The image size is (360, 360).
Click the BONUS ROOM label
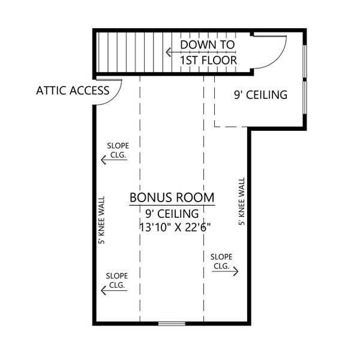click(172, 197)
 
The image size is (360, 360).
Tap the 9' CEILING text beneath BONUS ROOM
click(172, 214)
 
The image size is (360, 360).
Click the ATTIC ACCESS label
click(73, 91)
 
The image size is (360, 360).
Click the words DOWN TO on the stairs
click(208, 45)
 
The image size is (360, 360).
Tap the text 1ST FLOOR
click(208, 60)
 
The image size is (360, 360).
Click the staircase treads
click(129, 52)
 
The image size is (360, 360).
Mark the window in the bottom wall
click(172, 324)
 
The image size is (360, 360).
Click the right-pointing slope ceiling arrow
click(225, 271)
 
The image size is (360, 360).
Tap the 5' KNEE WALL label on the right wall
click(242, 201)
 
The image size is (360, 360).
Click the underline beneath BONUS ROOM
click(172, 205)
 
